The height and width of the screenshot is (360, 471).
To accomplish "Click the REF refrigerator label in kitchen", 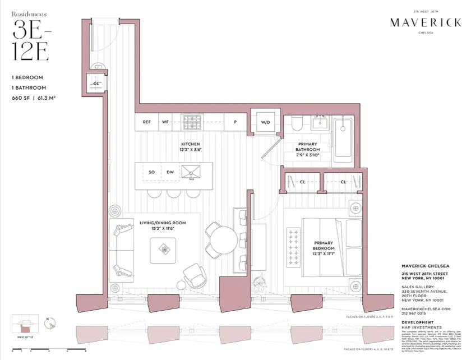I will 147,122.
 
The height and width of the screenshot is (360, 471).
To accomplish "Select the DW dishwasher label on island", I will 169,173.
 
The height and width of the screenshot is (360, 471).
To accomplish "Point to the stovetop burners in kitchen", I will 193,122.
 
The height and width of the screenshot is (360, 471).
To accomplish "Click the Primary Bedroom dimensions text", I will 324,255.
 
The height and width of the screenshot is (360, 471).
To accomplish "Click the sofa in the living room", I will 123,247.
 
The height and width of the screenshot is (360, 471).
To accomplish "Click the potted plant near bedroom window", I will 260,283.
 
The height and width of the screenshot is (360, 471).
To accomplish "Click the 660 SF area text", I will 23,98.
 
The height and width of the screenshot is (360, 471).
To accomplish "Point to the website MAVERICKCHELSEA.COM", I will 426,309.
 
